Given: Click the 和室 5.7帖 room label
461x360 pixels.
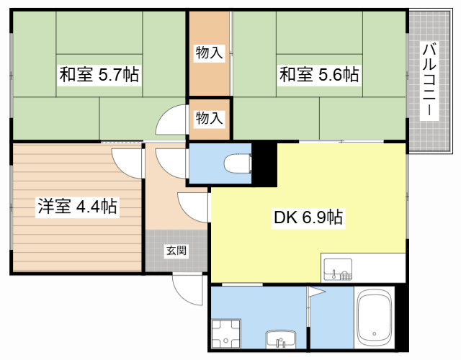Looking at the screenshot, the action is coord(99,75).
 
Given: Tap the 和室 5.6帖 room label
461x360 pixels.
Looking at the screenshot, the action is coord(319,75).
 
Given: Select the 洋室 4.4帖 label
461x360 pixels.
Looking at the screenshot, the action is coord(77,207).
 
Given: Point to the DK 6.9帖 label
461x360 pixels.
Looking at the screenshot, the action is coord(308,217).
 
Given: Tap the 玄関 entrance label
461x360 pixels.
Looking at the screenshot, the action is coord(176,251).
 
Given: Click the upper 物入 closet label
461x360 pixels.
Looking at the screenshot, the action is coord(209,53).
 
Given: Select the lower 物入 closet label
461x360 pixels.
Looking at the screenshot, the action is coord(209,118).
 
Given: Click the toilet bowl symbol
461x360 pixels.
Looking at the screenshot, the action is coord(238,163).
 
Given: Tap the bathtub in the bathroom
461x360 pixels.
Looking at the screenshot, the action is coord(375,318).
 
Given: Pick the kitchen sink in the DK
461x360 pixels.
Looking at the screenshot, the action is coord(338,269).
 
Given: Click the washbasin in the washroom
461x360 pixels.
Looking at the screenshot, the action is coord(281,339).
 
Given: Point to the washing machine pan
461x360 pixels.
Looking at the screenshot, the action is coord(225,333).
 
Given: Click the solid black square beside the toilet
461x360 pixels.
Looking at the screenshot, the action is coord(264,164).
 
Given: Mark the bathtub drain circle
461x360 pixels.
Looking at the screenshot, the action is coord(375,333).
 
